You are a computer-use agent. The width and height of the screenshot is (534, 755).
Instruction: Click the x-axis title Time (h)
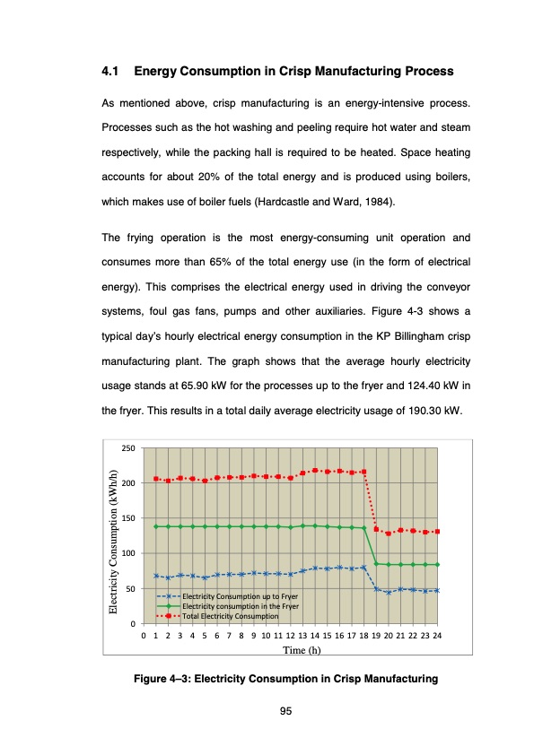point(302,650)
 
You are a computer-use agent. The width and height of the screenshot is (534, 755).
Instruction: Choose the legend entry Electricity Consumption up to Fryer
point(240,596)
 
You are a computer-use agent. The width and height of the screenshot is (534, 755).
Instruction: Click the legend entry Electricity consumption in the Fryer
point(240,606)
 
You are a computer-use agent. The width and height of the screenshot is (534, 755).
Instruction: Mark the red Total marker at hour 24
point(437,532)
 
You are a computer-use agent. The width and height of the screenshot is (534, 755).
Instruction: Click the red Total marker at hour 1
point(156,479)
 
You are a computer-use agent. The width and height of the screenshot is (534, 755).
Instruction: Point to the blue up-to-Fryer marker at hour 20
point(389,592)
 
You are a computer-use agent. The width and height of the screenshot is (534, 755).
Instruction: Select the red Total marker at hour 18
point(364,472)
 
